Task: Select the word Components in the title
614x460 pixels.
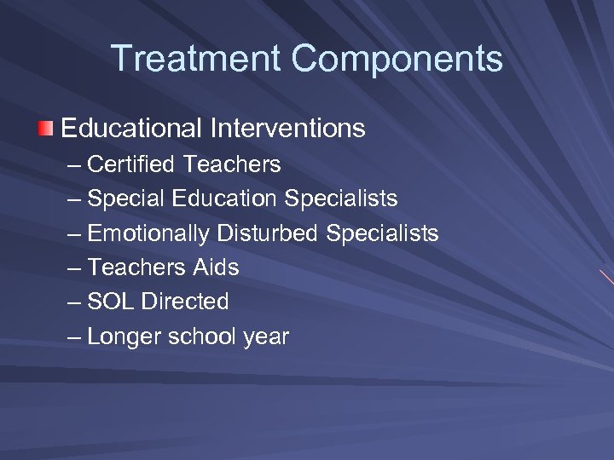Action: tap(397, 60)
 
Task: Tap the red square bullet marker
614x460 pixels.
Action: tap(45, 129)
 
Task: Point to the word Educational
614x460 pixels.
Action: tap(131, 129)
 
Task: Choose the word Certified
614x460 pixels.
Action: tap(131, 164)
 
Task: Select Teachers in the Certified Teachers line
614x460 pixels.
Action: tap(231, 164)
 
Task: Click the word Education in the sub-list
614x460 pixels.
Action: tap(224, 198)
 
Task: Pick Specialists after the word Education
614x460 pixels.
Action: tap(341, 198)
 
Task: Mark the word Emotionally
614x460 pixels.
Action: tap(148, 233)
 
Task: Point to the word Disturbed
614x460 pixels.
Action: tap(269, 233)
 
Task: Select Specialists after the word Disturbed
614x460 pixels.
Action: tap(383, 233)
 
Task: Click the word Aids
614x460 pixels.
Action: tap(215, 267)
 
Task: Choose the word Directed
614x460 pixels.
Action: tap(185, 302)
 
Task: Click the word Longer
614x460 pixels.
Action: tap(125, 336)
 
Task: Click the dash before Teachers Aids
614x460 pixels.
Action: tap(74, 267)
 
